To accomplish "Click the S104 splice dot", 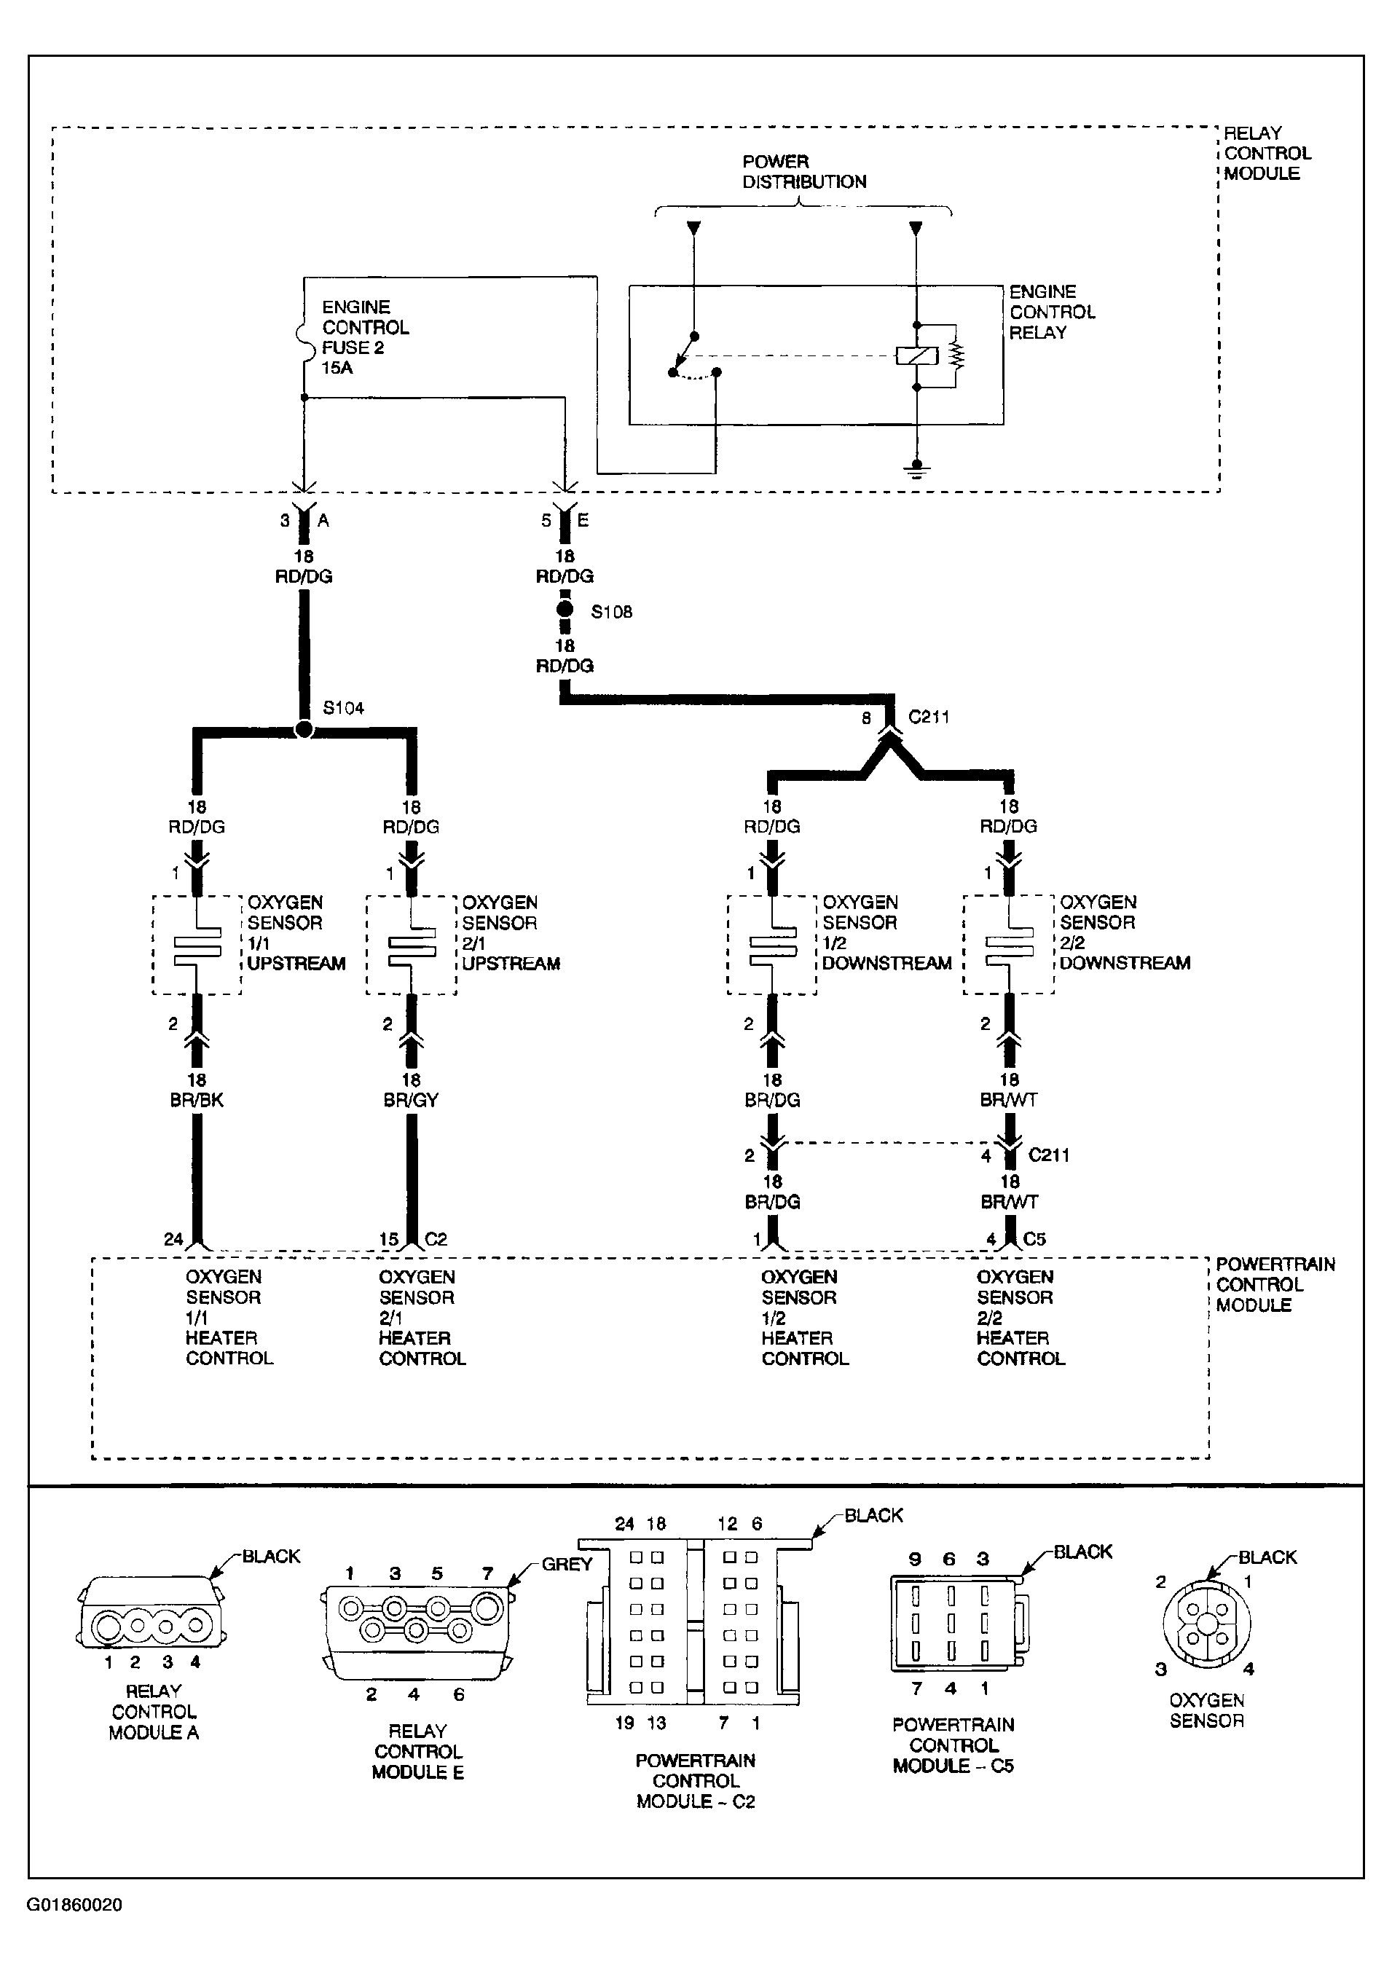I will (304, 730).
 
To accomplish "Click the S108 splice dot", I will (565, 610).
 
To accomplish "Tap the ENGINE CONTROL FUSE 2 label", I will (365, 337).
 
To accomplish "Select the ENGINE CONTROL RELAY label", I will (1052, 312).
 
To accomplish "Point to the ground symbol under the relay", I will (916, 469).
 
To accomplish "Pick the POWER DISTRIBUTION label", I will (803, 171).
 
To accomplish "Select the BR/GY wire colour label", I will (411, 1101).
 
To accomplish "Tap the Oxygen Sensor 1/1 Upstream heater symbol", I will (197, 945).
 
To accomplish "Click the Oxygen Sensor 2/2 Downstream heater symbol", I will (1009, 945).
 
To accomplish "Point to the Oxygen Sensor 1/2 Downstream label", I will (886, 932).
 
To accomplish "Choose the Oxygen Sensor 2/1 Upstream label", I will (511, 932).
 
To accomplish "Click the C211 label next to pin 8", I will (928, 717).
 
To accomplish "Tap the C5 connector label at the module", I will (1034, 1238).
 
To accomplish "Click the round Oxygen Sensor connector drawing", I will (1206, 1625).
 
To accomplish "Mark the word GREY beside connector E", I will (567, 1564).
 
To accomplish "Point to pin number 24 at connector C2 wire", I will (173, 1239).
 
